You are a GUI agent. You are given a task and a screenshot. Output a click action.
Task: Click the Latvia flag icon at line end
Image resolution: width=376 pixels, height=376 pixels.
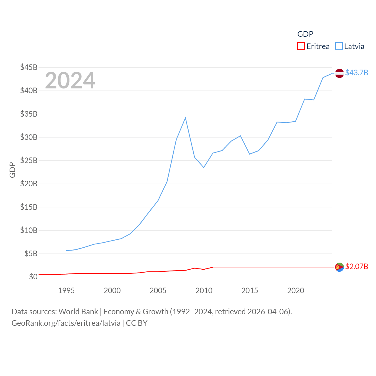(339, 73)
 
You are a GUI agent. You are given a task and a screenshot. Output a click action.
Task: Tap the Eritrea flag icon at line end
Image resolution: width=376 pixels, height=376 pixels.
(339, 267)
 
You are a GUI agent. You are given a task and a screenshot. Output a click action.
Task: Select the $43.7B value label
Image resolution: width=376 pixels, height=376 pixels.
(357, 73)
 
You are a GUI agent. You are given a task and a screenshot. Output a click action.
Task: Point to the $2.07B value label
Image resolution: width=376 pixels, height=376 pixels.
(357, 266)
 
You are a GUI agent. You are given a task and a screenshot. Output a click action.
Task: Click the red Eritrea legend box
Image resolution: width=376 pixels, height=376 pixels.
(301, 46)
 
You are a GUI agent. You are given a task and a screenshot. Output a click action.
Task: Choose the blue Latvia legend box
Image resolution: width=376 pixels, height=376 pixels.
(339, 46)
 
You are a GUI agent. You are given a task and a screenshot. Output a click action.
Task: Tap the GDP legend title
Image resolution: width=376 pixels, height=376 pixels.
(305, 34)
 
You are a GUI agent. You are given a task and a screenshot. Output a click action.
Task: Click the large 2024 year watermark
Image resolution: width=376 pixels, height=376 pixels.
(70, 80)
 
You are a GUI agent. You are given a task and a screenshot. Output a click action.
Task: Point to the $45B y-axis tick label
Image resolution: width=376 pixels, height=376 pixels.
(29, 67)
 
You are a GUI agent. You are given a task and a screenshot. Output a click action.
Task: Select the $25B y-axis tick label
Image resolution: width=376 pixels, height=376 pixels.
(29, 160)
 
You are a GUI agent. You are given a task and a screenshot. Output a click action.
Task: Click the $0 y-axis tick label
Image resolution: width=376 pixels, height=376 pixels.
(33, 277)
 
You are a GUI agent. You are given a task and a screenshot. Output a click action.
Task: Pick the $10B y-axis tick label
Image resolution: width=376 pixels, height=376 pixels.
(29, 230)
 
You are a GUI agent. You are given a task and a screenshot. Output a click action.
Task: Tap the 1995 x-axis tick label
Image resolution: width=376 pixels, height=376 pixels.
(66, 291)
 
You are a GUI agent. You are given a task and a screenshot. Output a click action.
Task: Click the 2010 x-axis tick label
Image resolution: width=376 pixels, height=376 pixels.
(204, 291)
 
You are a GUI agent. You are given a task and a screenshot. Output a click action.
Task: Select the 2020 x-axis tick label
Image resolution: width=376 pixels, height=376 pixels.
(296, 291)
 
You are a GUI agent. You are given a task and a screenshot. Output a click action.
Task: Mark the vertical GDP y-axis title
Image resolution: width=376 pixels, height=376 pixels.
(12, 170)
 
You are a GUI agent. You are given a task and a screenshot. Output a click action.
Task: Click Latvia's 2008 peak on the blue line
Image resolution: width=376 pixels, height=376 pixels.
(185, 118)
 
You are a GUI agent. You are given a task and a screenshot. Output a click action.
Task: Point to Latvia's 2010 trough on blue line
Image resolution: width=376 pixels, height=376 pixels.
(204, 167)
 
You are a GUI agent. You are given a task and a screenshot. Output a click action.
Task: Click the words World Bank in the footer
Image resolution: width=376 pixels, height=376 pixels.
(78, 311)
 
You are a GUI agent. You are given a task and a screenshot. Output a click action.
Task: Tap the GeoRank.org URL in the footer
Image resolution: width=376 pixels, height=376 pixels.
(66, 323)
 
